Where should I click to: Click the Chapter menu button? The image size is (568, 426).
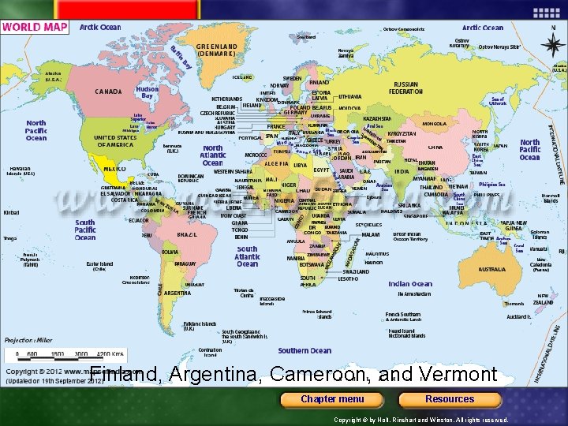point(332,398)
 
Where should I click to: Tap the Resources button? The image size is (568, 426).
point(450,398)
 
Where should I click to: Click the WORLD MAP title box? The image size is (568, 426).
point(35,27)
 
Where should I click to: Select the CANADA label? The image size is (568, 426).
point(108,92)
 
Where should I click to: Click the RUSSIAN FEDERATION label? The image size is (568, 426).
point(406,87)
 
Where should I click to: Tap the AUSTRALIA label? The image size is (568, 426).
point(493,269)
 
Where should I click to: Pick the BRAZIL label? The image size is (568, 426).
point(187,234)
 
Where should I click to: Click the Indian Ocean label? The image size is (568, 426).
point(410,284)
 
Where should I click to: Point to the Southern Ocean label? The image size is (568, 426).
point(305,351)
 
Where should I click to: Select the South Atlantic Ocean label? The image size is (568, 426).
point(247,256)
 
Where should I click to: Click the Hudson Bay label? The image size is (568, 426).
point(148,92)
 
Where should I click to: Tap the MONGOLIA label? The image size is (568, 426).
point(435,123)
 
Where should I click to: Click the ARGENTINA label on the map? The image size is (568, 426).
point(177,293)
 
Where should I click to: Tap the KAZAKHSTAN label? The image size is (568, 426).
point(377,118)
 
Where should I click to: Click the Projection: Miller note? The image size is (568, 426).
point(28,339)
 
